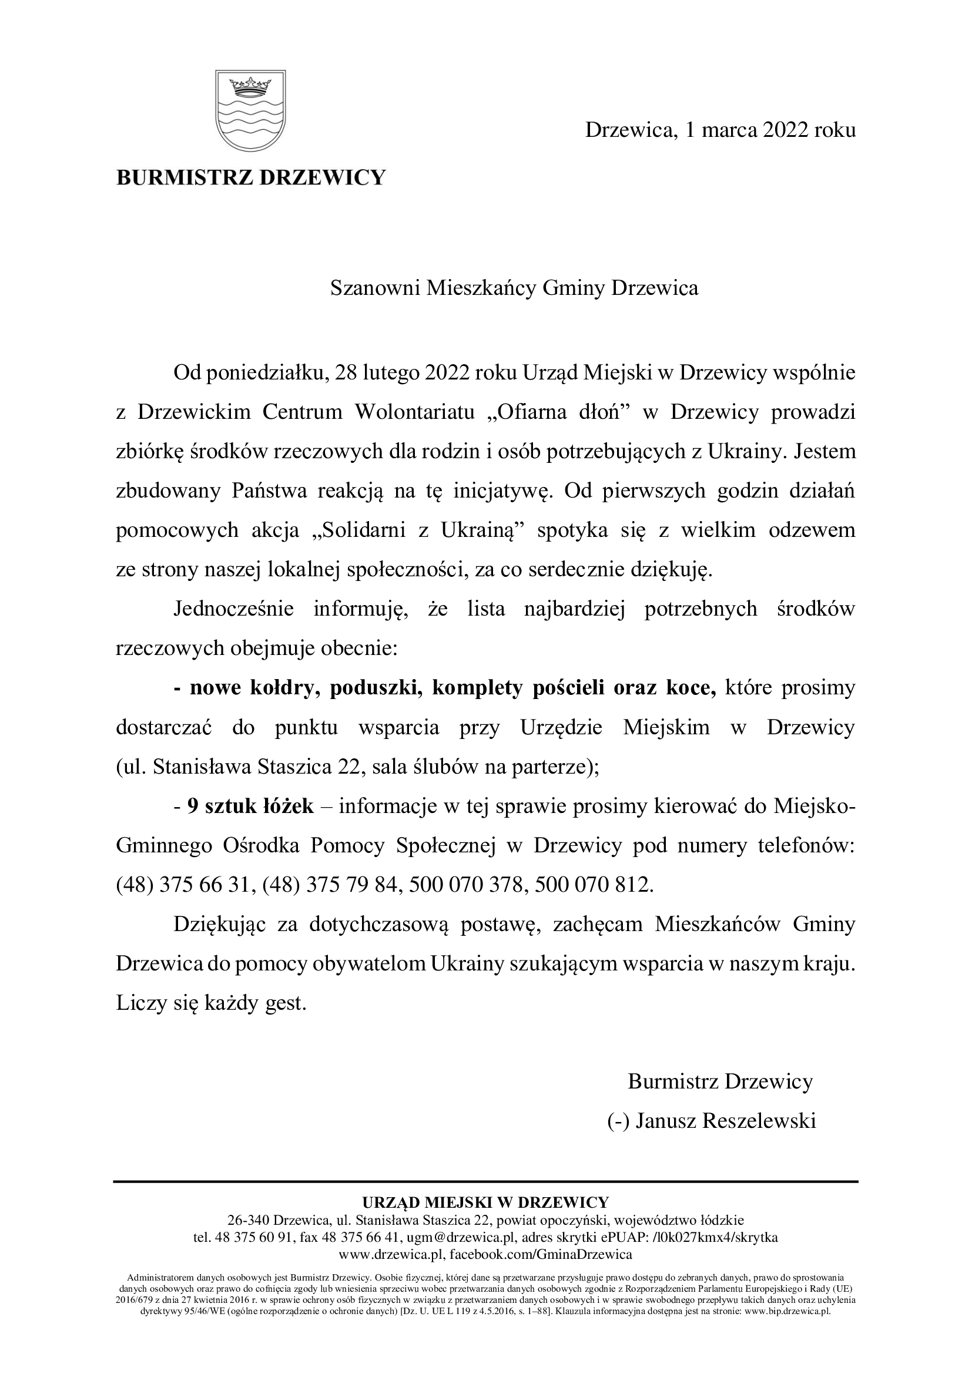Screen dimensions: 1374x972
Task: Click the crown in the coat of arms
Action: click(x=251, y=86)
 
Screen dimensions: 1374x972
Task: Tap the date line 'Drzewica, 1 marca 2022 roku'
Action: click(x=720, y=130)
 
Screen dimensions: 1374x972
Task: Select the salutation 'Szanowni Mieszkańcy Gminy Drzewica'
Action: click(x=514, y=288)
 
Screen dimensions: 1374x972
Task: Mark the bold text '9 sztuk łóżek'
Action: click(x=250, y=807)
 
